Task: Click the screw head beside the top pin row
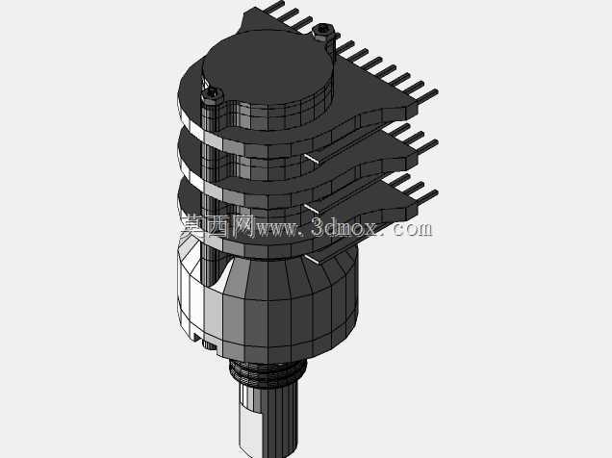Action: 322,31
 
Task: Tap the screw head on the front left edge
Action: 212,95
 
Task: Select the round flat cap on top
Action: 268,67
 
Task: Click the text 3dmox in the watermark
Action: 344,228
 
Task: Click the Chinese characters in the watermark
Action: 217,227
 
